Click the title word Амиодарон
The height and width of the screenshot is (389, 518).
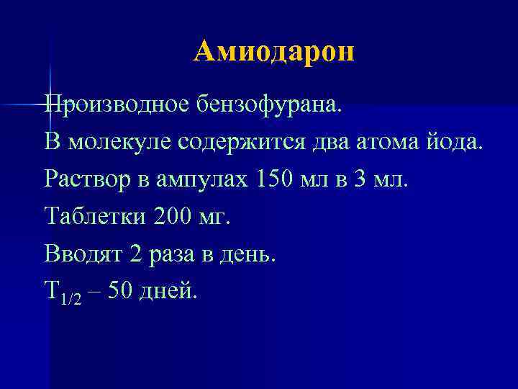tap(274, 52)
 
